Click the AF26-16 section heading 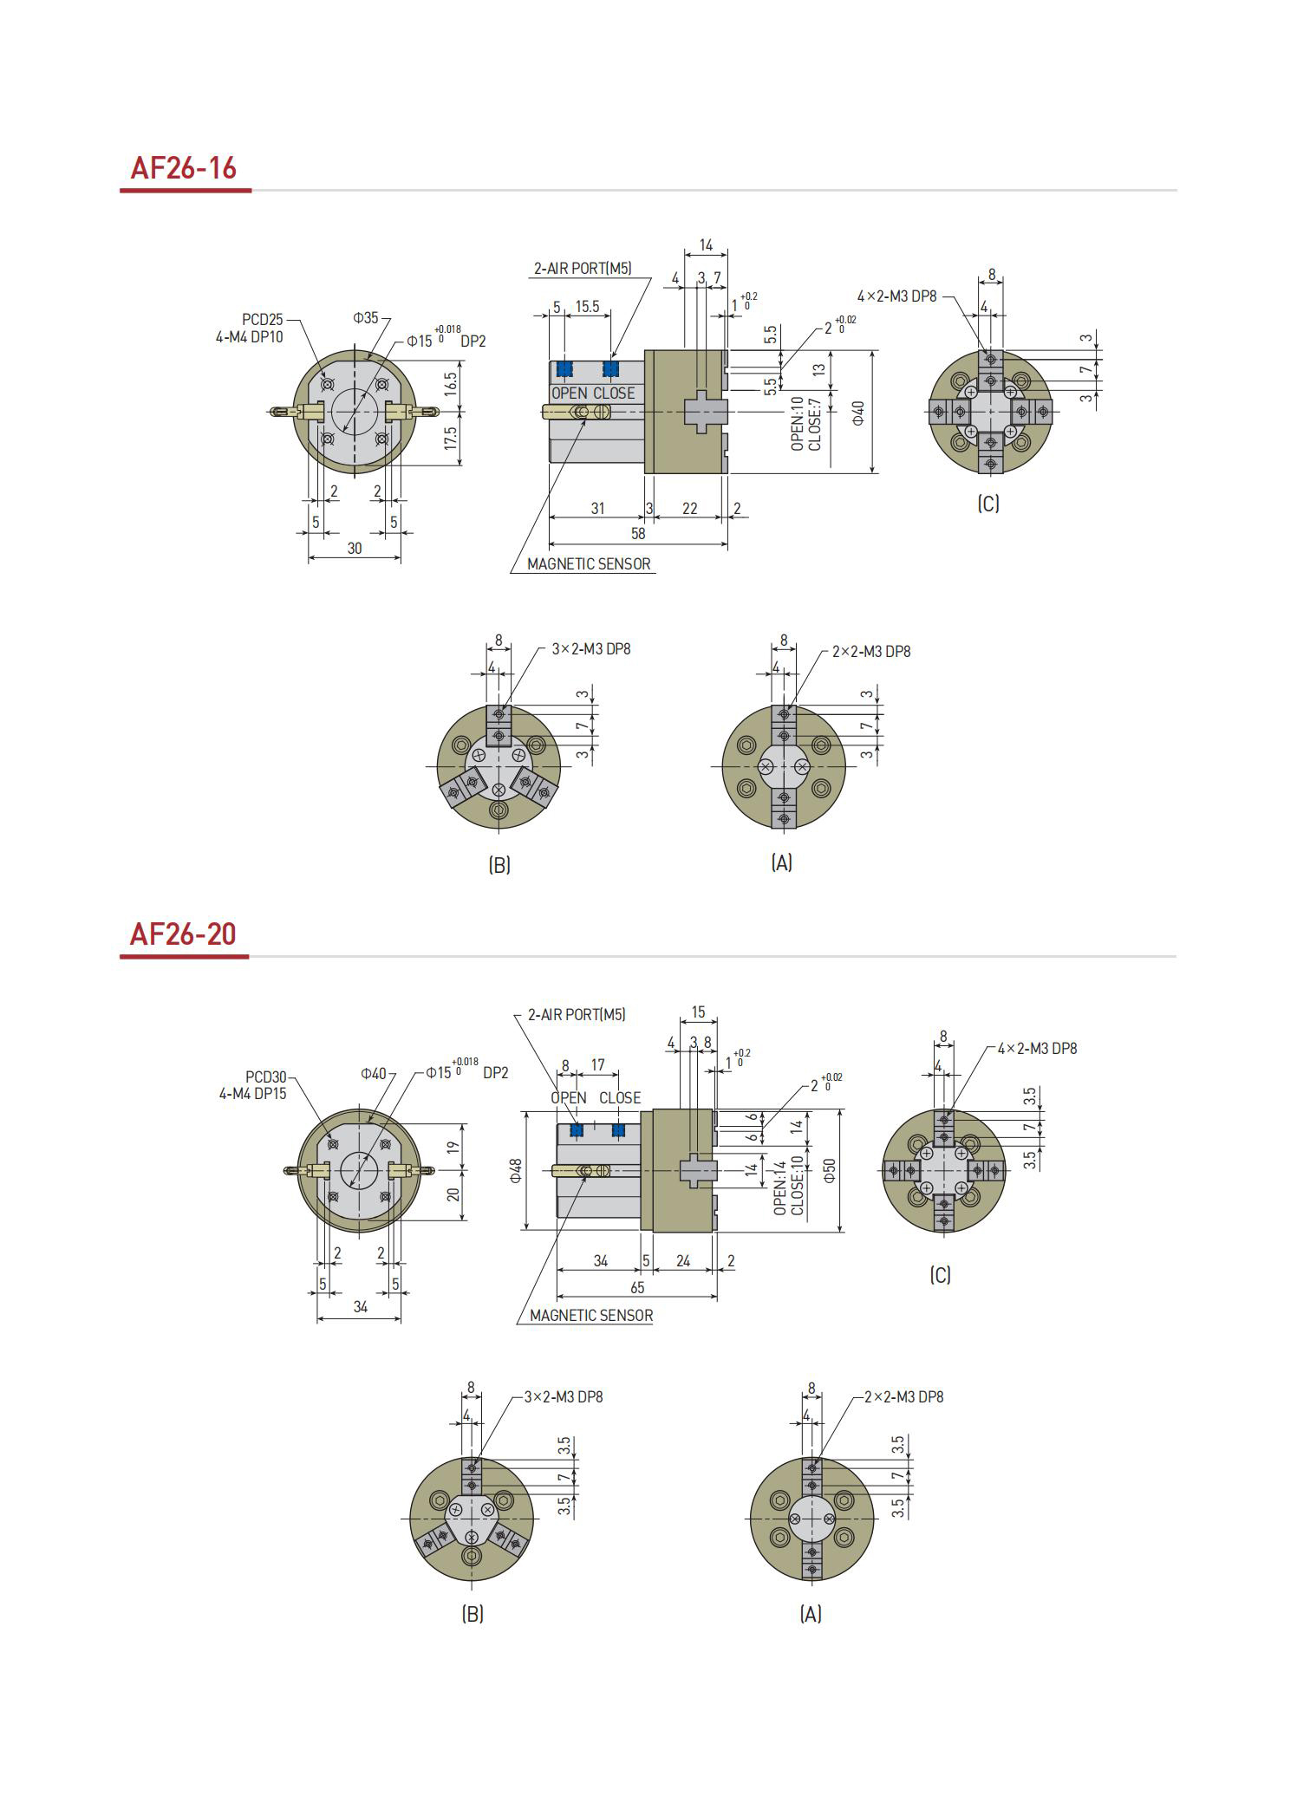click(183, 167)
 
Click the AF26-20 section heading click(183, 934)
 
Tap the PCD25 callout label click(263, 321)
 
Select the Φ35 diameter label click(366, 318)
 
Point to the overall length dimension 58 click(638, 534)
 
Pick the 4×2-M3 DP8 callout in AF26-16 click(897, 296)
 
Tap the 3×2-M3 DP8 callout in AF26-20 click(564, 1396)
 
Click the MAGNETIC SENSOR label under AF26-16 click(589, 564)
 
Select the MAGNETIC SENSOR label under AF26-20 click(591, 1316)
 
